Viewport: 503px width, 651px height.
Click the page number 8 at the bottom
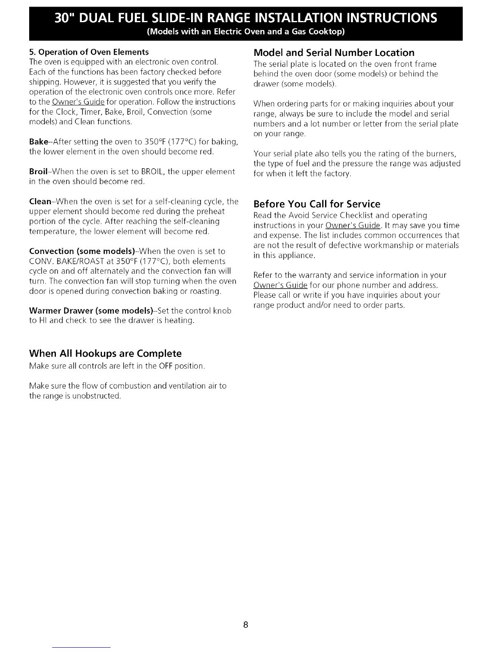[x=245, y=625]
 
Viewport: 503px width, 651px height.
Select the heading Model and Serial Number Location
[x=334, y=53]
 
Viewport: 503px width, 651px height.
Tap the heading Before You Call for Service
[x=317, y=204]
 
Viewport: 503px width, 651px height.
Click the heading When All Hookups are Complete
[x=105, y=353]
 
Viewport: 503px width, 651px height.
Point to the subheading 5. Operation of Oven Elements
[x=89, y=52]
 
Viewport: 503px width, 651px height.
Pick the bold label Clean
[x=40, y=201]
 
